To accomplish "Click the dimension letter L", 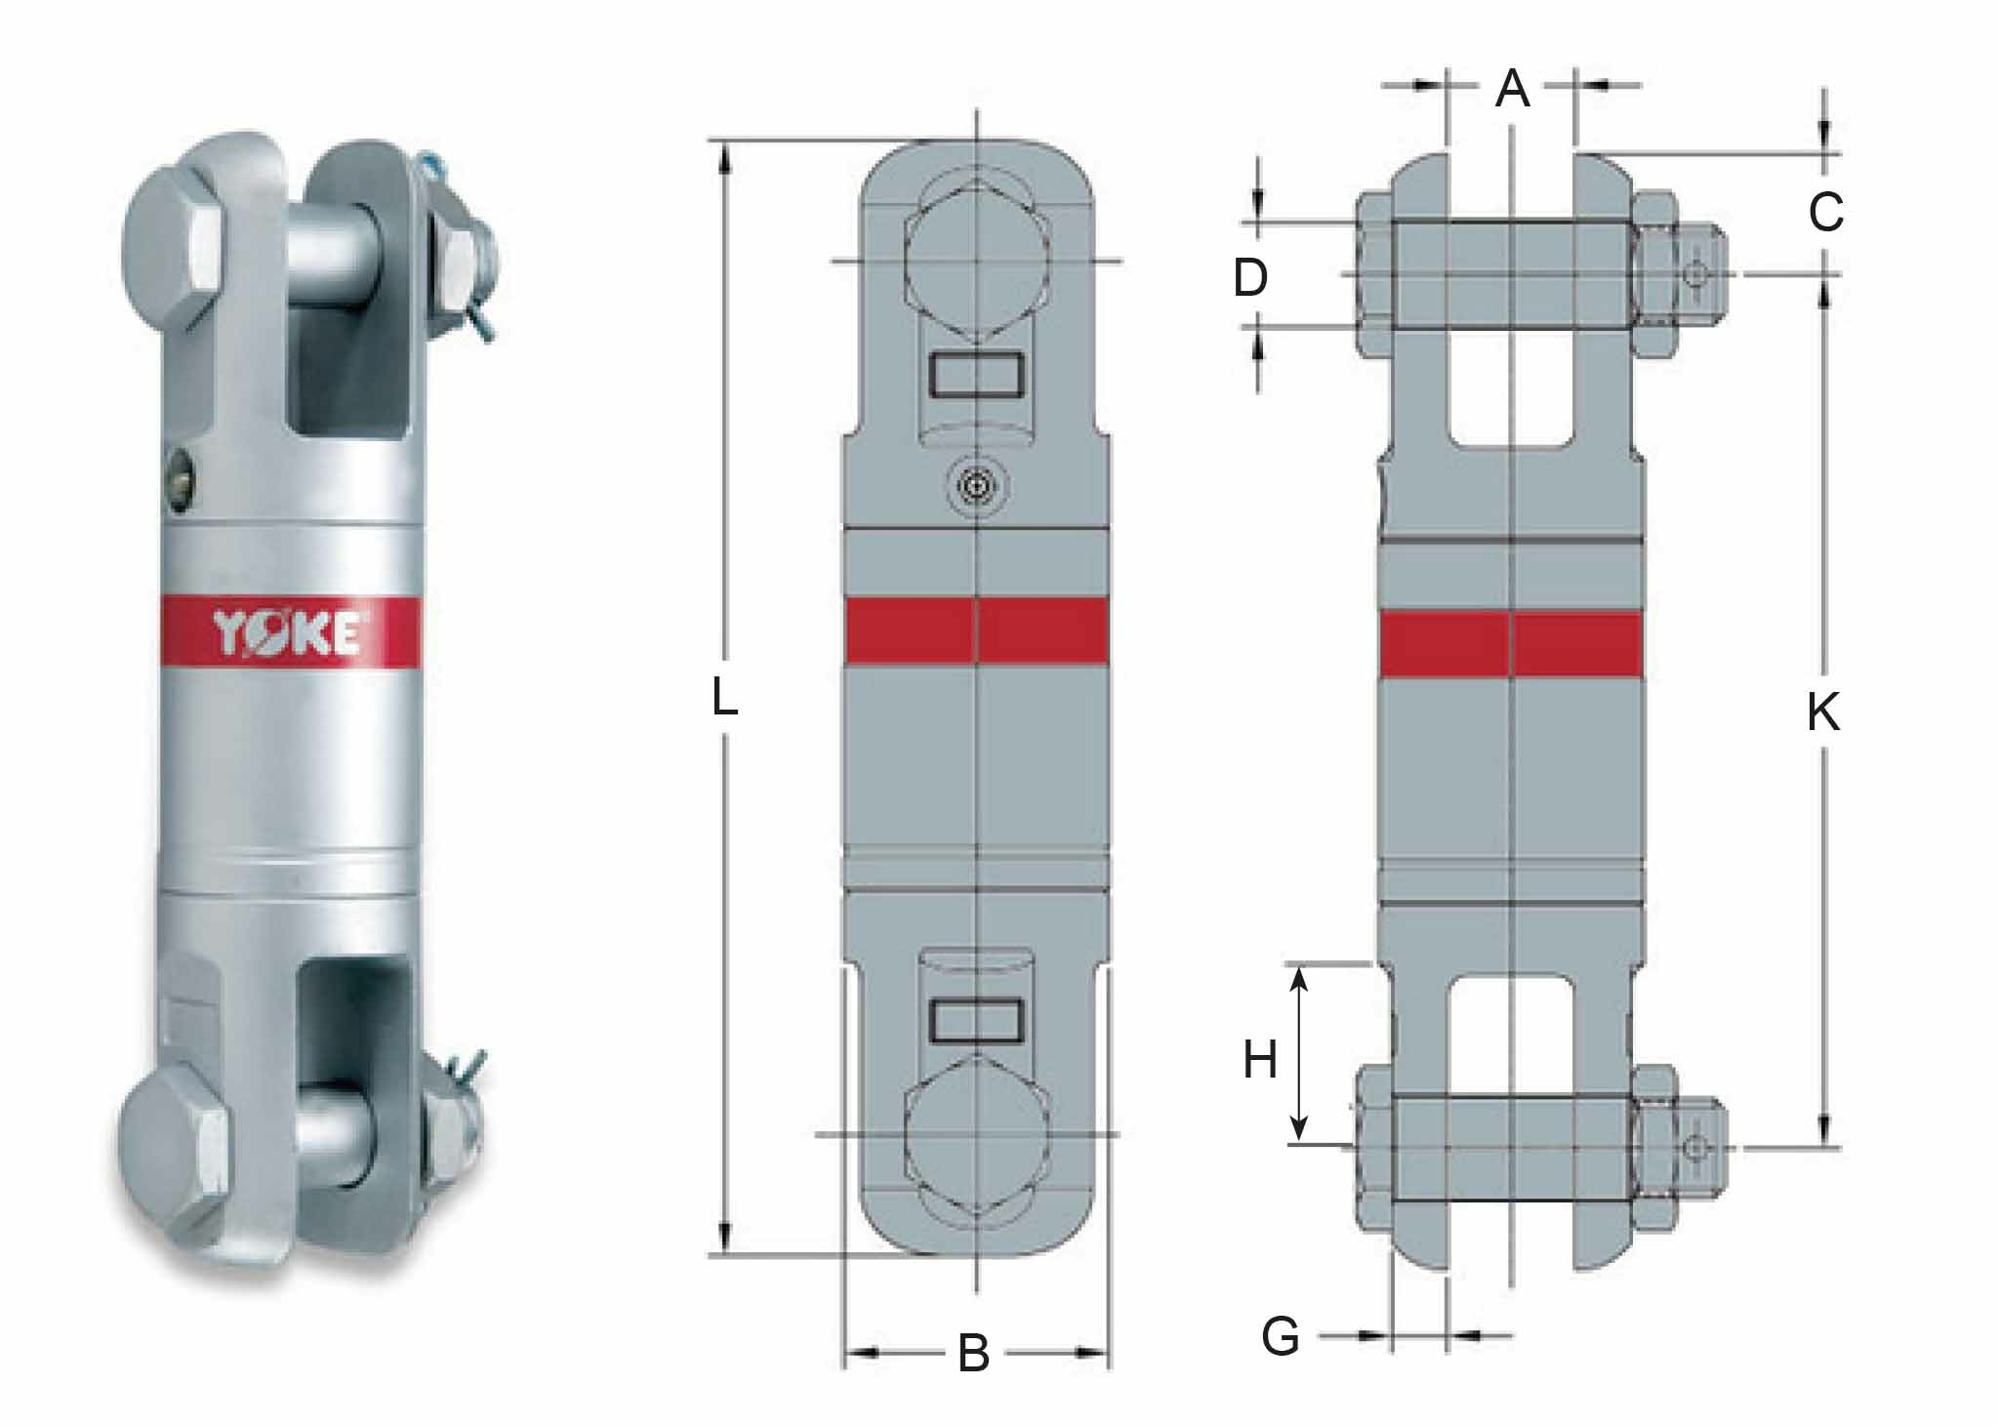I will pyautogui.click(x=723, y=697).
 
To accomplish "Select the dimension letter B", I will pyautogui.click(x=973, y=1354).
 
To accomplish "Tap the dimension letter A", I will pyautogui.click(x=1512, y=89).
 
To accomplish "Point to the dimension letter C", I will pyautogui.click(x=1825, y=212).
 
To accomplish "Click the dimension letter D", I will pyautogui.click(x=1250, y=278).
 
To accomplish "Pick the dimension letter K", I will pyautogui.click(x=1822, y=712).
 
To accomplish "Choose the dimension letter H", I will pyautogui.click(x=1260, y=1059).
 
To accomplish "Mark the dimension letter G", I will pyautogui.click(x=1281, y=1336).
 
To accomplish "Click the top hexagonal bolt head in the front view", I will pyautogui.click(x=977, y=261).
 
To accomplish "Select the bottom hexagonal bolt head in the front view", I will pyautogui.click(x=977, y=1134).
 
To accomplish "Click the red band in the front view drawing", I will pyautogui.click(x=977, y=631).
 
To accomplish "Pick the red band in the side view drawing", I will pyautogui.click(x=1511, y=644).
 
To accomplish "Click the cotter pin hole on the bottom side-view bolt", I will pyautogui.click(x=1697, y=1148).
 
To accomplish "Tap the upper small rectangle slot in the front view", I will pyautogui.click(x=978, y=375).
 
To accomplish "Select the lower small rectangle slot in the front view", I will pyautogui.click(x=978, y=1021).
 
